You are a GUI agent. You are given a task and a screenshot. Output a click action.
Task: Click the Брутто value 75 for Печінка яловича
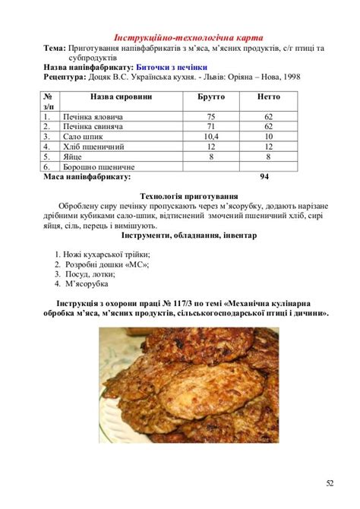211,117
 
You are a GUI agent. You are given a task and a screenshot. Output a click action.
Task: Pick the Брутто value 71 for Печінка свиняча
211,127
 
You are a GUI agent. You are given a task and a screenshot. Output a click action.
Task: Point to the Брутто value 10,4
211,137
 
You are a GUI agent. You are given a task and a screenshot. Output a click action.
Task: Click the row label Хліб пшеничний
93,147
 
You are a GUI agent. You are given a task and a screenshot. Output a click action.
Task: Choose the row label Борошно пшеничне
99,166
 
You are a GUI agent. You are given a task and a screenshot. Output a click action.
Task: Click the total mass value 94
264,176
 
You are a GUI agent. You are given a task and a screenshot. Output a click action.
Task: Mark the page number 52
330,483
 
